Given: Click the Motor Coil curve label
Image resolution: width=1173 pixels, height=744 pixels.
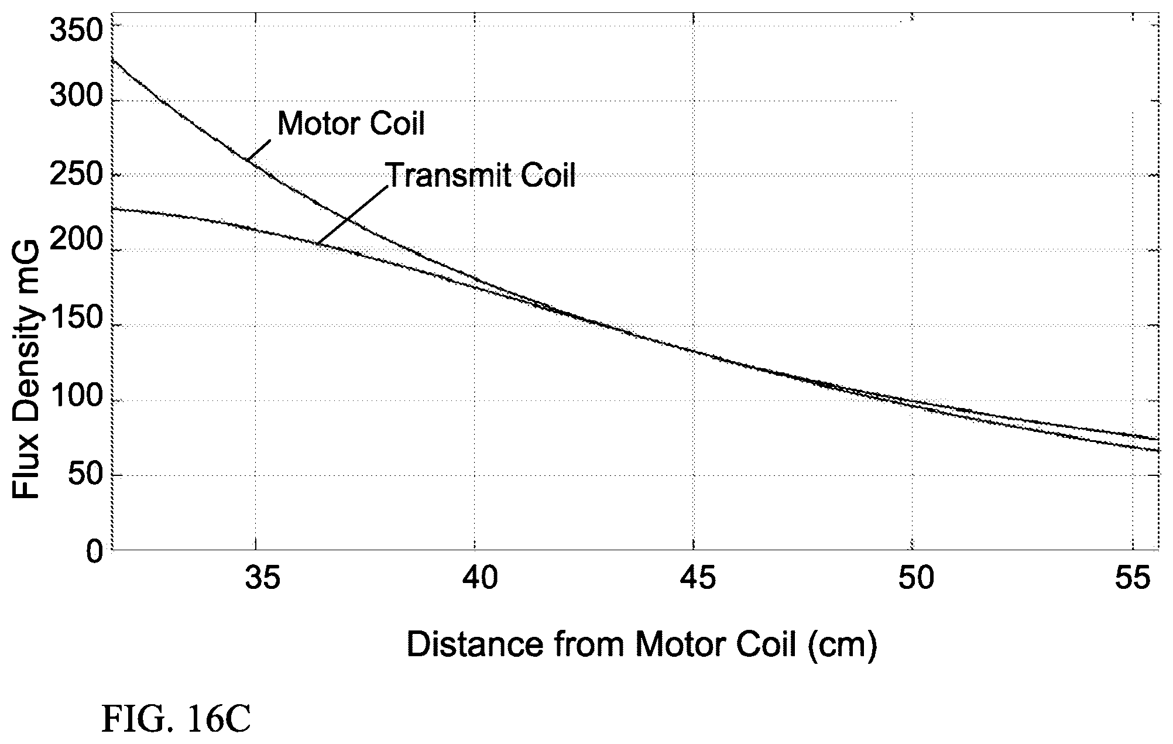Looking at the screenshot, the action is click(x=351, y=123).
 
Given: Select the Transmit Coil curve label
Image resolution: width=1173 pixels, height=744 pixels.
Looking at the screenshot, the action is click(x=480, y=174).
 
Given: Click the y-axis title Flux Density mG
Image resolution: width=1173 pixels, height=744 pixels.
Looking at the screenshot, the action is click(x=26, y=369).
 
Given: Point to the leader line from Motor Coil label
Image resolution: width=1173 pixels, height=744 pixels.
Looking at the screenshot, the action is click(x=258, y=150).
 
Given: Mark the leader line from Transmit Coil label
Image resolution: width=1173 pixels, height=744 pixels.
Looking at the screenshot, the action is click(x=352, y=215).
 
